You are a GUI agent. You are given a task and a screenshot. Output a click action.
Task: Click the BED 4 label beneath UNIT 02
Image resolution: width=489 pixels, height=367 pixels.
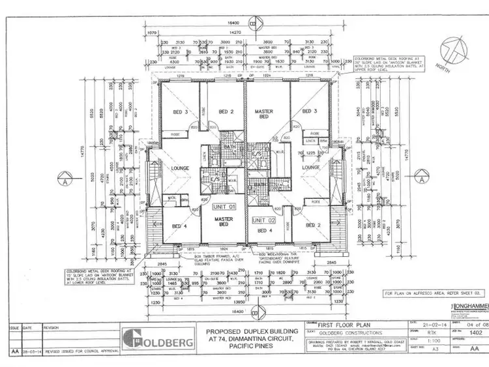tap(263, 231)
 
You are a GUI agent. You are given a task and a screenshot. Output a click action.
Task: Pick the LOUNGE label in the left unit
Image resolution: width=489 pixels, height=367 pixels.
tap(179, 168)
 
